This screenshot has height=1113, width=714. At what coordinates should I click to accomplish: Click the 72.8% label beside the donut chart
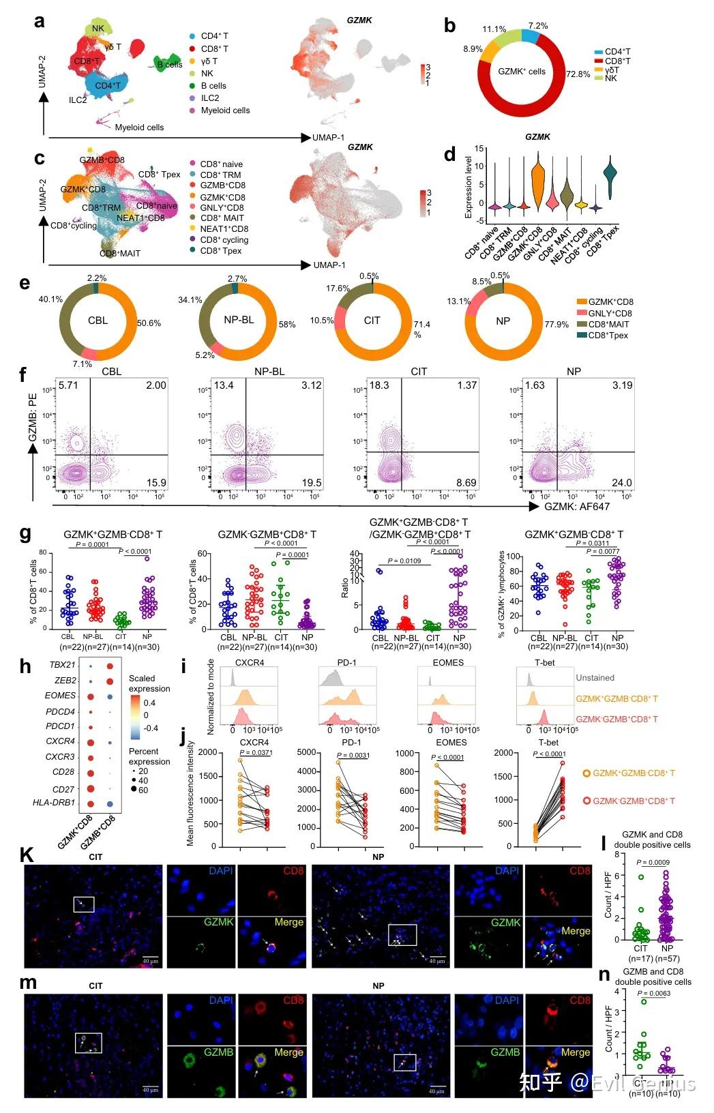pyautogui.click(x=578, y=74)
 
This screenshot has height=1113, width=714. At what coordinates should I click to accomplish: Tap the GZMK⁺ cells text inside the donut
pyautogui.click(x=522, y=71)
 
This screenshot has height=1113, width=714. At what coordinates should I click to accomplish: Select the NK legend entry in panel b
pyautogui.click(x=610, y=78)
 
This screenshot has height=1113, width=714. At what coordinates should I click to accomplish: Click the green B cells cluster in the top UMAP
pyautogui.click(x=165, y=63)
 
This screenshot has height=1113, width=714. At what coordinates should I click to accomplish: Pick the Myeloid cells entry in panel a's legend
pyautogui.click(x=225, y=110)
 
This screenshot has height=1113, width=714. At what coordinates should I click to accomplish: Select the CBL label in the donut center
pyautogui.click(x=98, y=320)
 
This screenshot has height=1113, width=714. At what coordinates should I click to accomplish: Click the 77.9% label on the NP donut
pyautogui.click(x=556, y=324)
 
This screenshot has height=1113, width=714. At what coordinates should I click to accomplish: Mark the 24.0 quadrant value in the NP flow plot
pyautogui.click(x=621, y=482)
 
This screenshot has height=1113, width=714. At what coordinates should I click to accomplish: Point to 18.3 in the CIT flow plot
pyautogui.click(x=380, y=385)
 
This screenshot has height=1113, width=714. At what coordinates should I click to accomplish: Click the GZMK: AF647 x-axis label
pyautogui.click(x=577, y=506)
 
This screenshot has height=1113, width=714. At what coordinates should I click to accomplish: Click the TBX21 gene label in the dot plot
pyautogui.click(x=62, y=665)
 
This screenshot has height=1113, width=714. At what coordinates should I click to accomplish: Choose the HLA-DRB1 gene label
pyautogui.click(x=54, y=803)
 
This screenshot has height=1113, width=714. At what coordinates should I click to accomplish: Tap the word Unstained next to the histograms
pyautogui.click(x=595, y=678)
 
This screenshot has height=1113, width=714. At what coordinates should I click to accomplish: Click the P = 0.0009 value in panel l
pyautogui.click(x=653, y=863)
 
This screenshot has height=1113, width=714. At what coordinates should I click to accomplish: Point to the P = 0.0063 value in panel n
pyautogui.click(x=653, y=993)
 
